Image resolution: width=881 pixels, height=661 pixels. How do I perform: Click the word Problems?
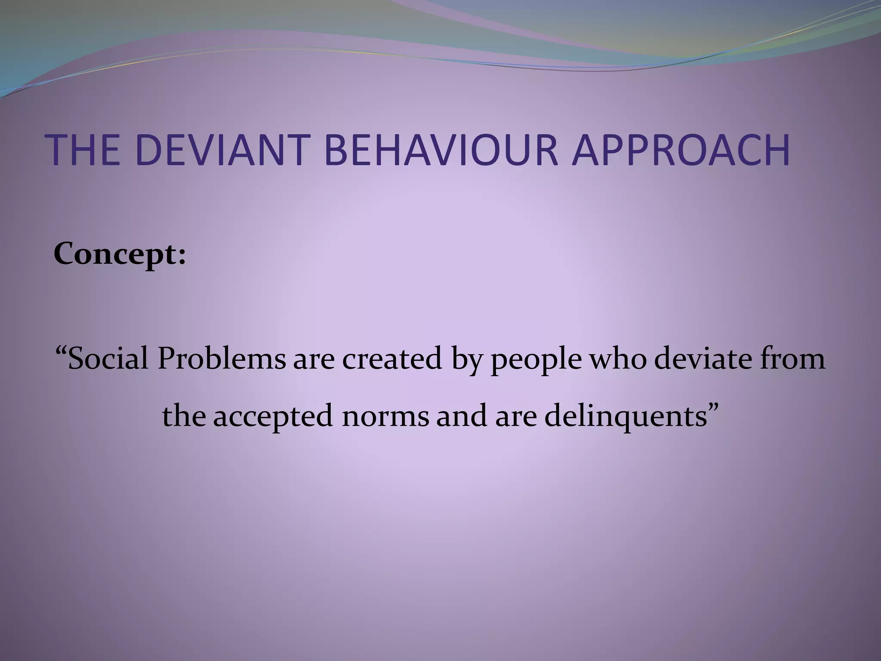221,359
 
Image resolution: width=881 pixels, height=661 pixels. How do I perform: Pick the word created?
392,359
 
